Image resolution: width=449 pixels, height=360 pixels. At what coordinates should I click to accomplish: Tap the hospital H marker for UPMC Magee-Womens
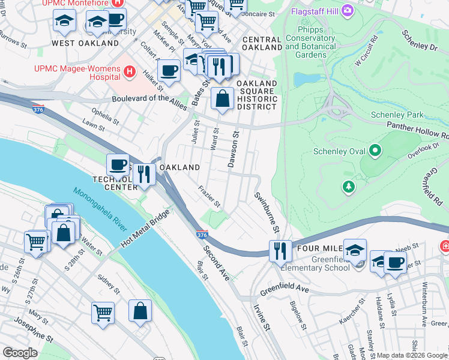[x=128, y=72]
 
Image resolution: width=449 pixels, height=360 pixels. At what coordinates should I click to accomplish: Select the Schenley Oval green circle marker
[x=376, y=150]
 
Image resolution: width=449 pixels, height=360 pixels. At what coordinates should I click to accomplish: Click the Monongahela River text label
[x=101, y=210]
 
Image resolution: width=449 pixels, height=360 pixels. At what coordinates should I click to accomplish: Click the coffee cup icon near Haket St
[x=170, y=70]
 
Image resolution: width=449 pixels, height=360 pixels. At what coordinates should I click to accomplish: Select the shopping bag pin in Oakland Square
[x=222, y=98]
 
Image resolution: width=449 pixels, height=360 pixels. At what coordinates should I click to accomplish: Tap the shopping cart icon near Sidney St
[x=103, y=312]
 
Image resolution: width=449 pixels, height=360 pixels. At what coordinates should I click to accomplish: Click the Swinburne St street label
[x=267, y=212]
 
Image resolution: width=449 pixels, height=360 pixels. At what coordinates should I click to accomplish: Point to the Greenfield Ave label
[x=284, y=292]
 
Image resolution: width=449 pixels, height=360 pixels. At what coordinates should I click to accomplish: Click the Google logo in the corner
[x=20, y=353]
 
